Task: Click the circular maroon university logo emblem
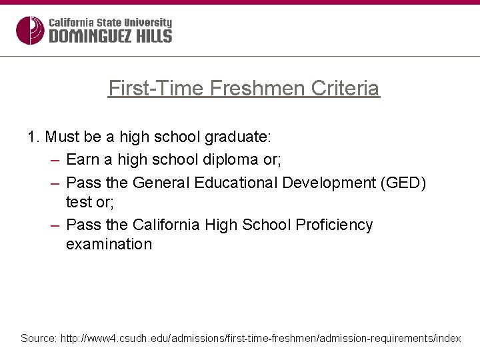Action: (x=29, y=30)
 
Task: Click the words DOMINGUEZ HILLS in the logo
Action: (x=110, y=37)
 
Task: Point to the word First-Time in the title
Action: (x=157, y=88)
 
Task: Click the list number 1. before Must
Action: (x=33, y=137)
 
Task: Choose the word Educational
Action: (x=234, y=183)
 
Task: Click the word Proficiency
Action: (x=334, y=225)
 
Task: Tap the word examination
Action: (x=109, y=244)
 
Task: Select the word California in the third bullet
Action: (x=166, y=225)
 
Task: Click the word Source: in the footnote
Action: (x=39, y=339)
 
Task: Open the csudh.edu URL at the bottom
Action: (x=261, y=339)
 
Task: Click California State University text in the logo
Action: (x=110, y=23)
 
